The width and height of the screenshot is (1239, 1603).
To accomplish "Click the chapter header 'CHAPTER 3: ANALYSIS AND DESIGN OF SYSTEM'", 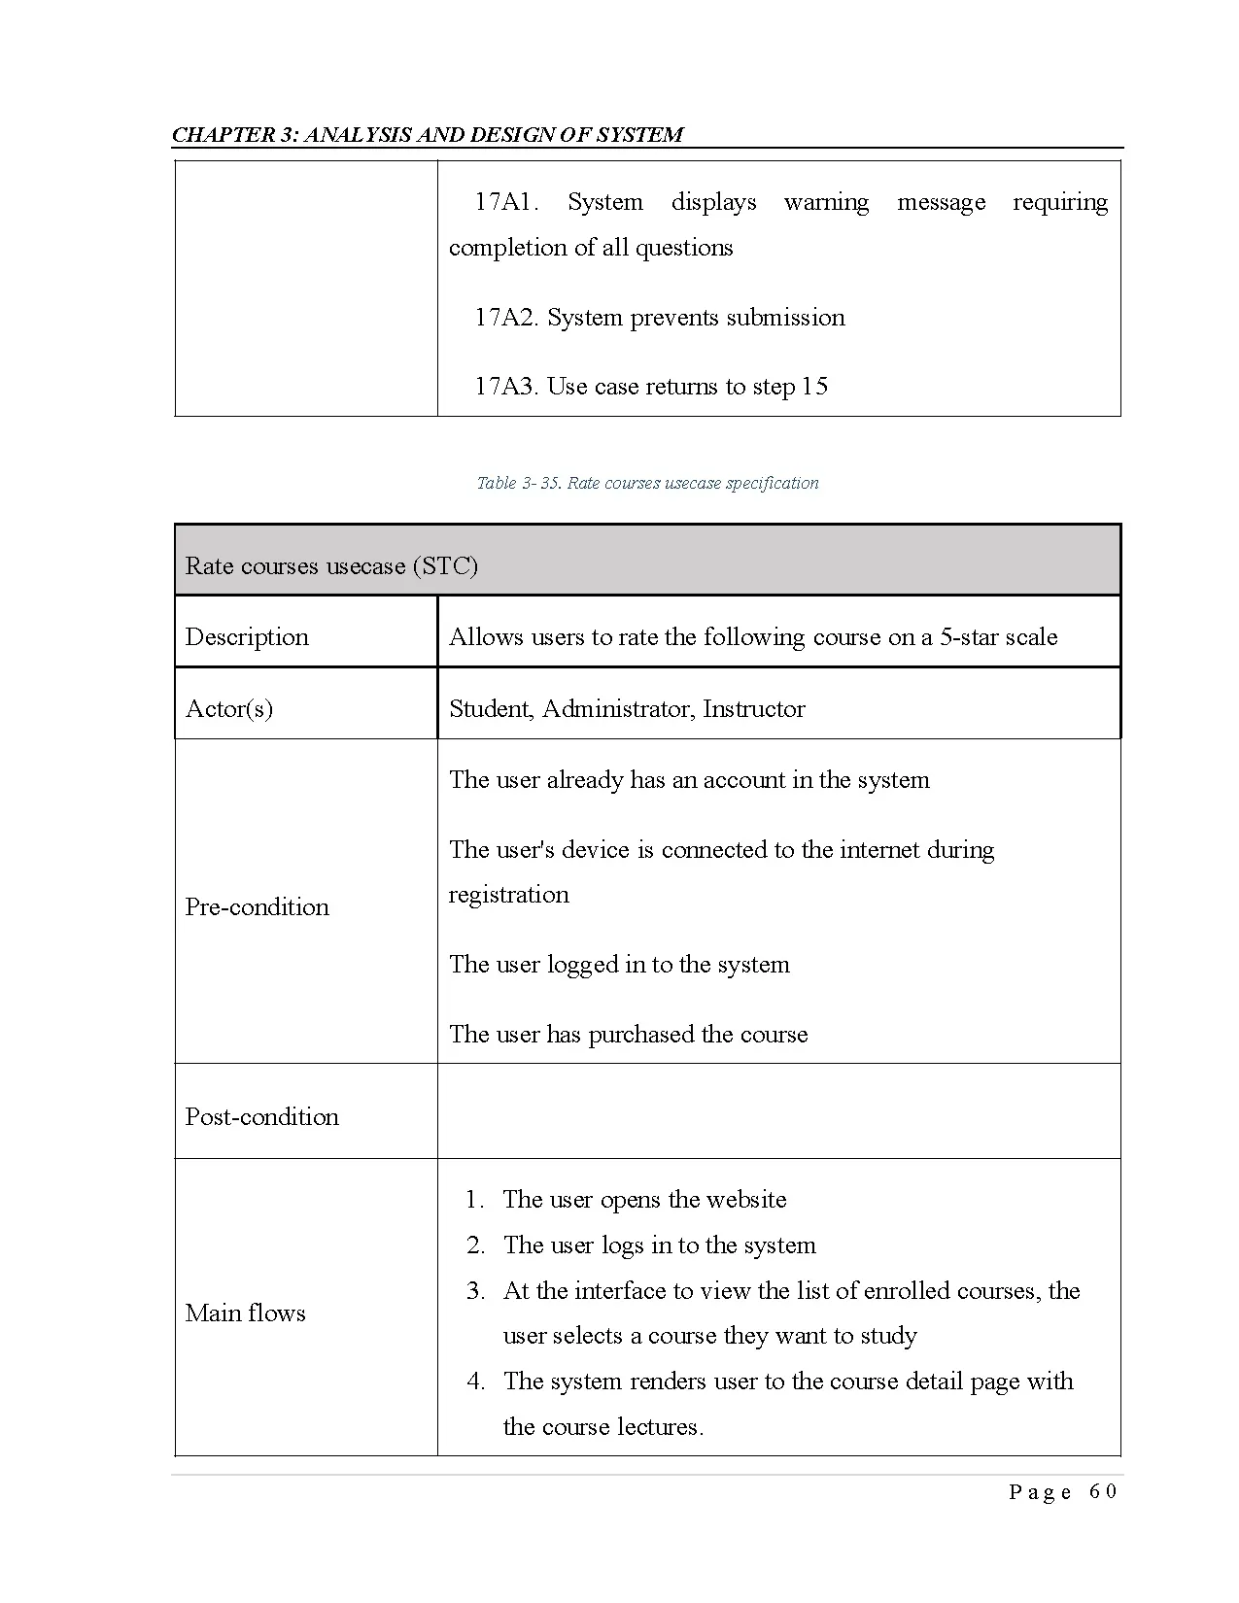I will click(428, 134).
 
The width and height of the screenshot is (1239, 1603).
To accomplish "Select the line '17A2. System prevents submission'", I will click(659, 318).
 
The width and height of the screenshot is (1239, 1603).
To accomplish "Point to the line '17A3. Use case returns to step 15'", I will click(650, 387).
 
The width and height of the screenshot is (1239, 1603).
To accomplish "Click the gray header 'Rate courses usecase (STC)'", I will click(331, 566).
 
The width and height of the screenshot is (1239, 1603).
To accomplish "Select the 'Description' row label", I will click(247, 637).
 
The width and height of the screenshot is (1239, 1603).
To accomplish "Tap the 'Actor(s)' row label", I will click(229, 709).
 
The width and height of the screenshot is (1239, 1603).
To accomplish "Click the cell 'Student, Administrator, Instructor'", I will click(627, 709).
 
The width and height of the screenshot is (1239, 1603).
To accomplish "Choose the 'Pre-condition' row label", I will click(258, 907).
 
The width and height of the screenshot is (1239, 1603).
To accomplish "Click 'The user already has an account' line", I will click(689, 780).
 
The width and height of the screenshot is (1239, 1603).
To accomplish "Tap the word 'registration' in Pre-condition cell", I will click(508, 895).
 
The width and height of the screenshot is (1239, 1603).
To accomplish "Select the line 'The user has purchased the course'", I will click(628, 1035).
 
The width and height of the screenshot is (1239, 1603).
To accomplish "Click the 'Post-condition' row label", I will click(262, 1117).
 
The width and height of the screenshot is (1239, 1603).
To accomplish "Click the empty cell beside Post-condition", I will click(777, 1111).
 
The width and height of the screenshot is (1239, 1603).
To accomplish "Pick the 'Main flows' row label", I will click(245, 1313).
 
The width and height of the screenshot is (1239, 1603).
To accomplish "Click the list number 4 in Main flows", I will click(475, 1381).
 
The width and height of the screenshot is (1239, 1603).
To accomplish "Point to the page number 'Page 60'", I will click(1062, 1492).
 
